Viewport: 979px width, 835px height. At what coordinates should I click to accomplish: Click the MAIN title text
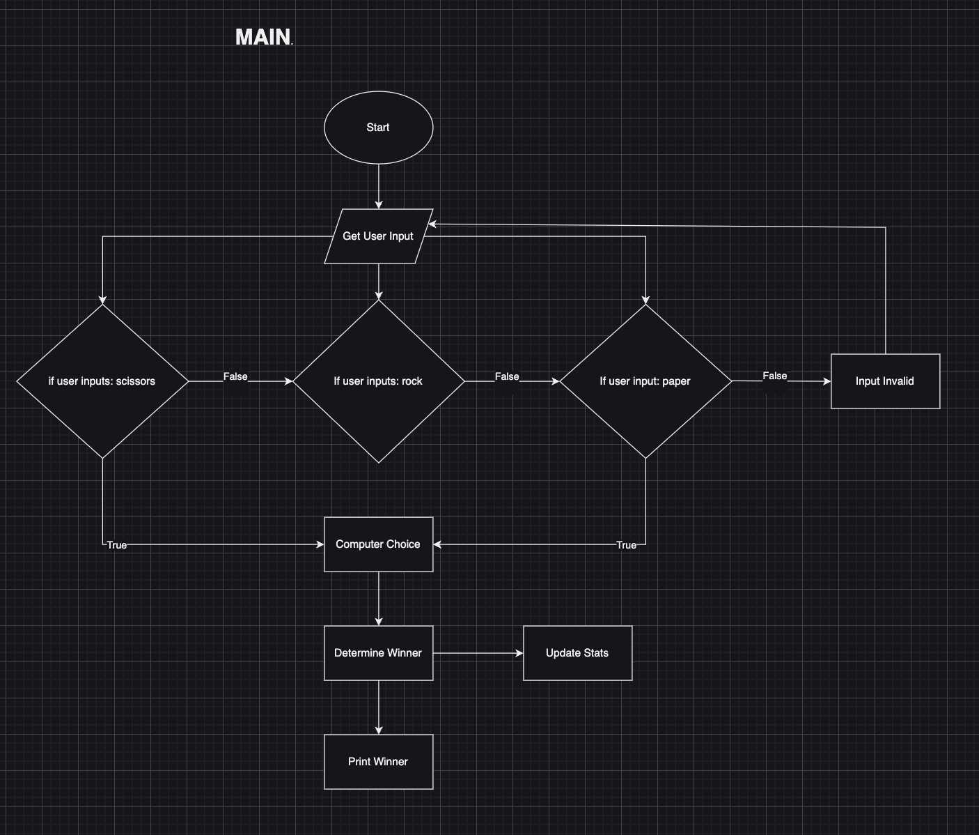(263, 37)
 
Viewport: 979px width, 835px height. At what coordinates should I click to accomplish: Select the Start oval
(378, 128)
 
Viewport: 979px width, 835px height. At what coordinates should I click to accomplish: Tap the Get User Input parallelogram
(378, 236)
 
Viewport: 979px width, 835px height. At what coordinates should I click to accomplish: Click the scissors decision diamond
(102, 381)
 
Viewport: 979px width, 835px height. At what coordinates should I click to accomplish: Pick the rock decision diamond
(378, 381)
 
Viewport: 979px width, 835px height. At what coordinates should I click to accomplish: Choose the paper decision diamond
(645, 381)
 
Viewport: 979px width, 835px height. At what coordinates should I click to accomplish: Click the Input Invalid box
(885, 381)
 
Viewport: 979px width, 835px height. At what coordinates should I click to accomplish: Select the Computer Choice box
(378, 544)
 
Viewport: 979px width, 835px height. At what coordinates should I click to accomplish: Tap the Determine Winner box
(378, 653)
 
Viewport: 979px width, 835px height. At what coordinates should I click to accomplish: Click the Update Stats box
(577, 653)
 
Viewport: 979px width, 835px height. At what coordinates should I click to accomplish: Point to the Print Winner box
(378, 762)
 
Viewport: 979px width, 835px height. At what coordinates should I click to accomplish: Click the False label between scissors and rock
(235, 376)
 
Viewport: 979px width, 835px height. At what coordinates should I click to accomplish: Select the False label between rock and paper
(507, 376)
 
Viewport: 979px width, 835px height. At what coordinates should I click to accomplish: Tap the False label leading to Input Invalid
(774, 376)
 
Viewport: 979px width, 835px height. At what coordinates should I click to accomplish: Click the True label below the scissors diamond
(117, 545)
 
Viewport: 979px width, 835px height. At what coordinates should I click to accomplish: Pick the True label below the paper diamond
(626, 545)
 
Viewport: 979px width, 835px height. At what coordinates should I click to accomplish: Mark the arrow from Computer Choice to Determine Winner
(379, 598)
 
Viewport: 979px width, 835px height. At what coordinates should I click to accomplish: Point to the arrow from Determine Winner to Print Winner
(379, 707)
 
